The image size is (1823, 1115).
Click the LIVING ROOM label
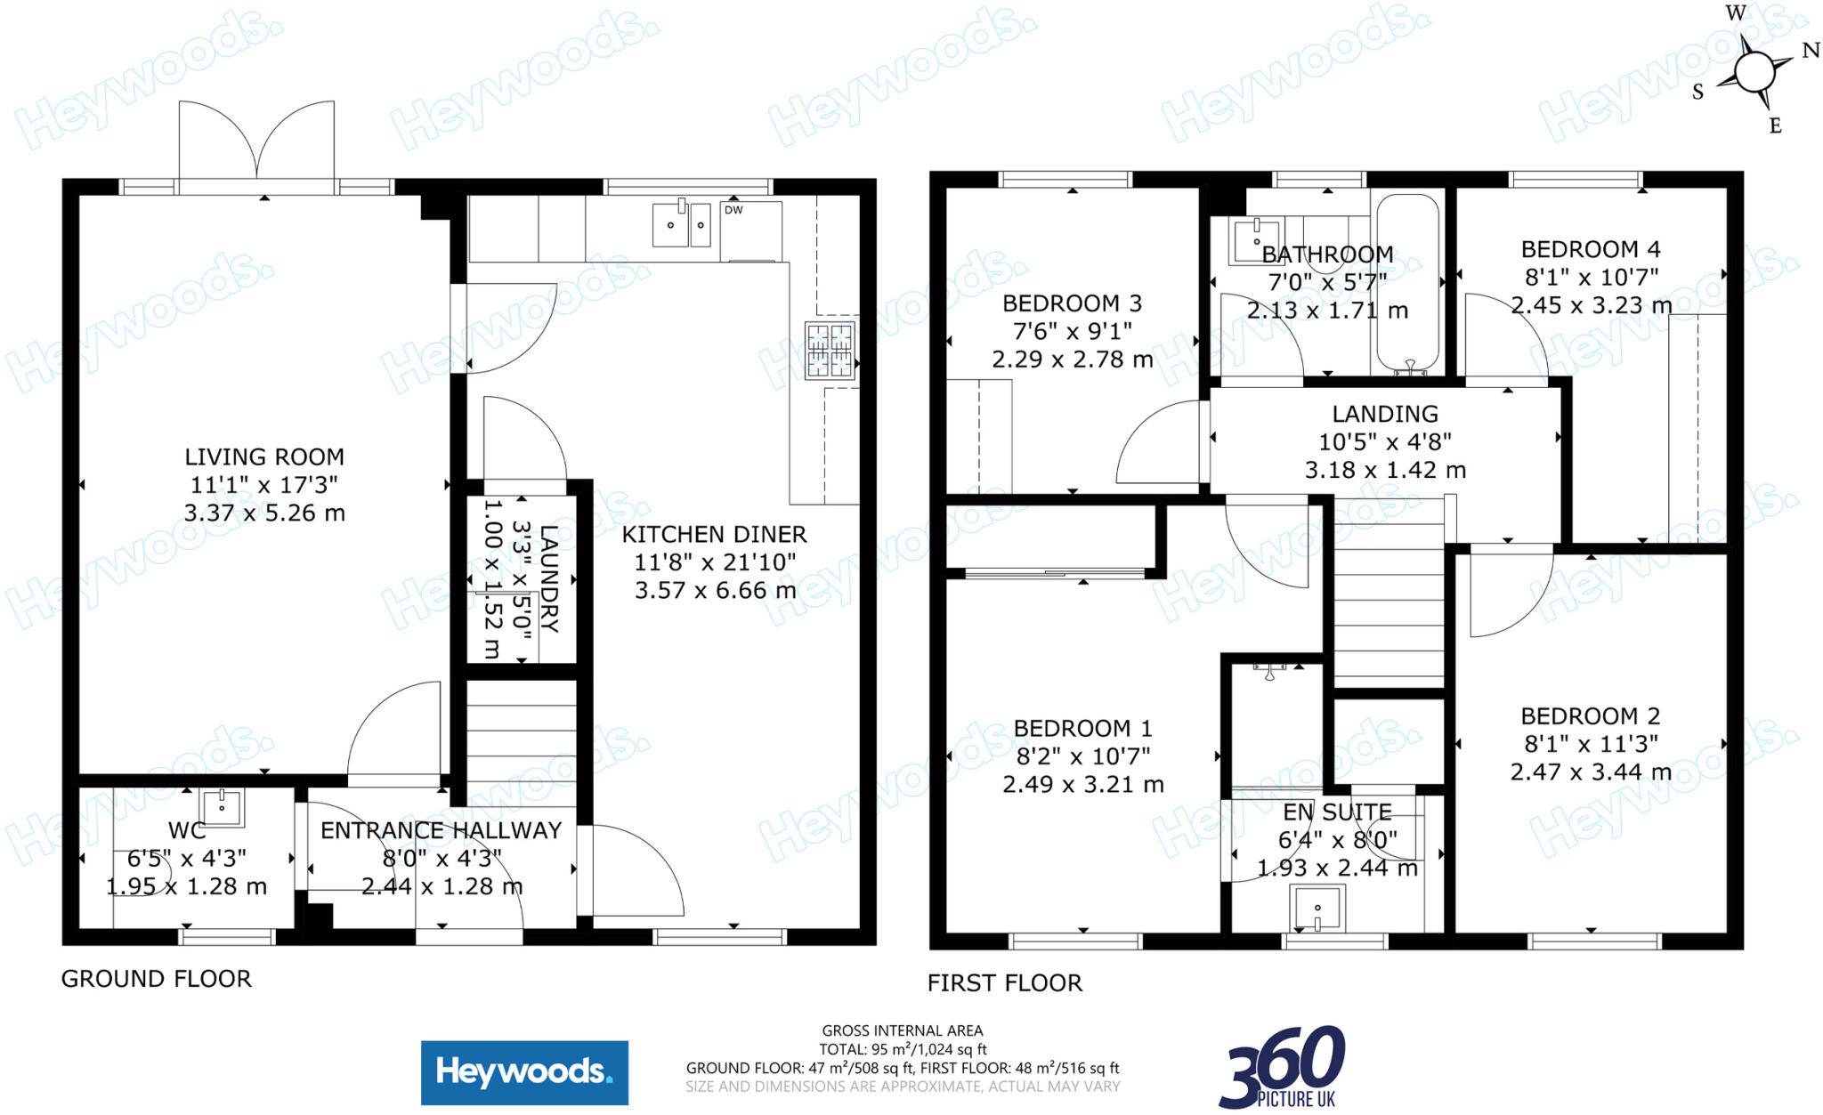(x=264, y=457)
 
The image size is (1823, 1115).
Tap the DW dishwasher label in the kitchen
(x=733, y=210)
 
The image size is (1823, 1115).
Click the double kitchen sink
(x=682, y=224)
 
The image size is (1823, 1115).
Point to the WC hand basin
(x=222, y=806)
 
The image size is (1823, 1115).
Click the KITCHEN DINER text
(x=714, y=534)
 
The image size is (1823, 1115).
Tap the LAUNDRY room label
(x=549, y=578)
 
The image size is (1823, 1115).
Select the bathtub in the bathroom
(x=1407, y=283)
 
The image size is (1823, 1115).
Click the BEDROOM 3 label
(x=1072, y=303)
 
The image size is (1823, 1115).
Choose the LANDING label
(x=1385, y=414)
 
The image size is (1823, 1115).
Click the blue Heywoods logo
(x=524, y=1072)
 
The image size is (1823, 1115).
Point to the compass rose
(x=1754, y=71)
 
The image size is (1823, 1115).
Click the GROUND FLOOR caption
(x=157, y=979)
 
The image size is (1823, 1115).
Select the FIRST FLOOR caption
(x=1005, y=983)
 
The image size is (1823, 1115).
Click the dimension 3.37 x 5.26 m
(x=264, y=513)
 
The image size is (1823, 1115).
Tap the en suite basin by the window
(x=1317, y=909)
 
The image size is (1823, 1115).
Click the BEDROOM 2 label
(x=1590, y=716)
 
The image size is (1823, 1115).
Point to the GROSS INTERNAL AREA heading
(x=903, y=1030)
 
